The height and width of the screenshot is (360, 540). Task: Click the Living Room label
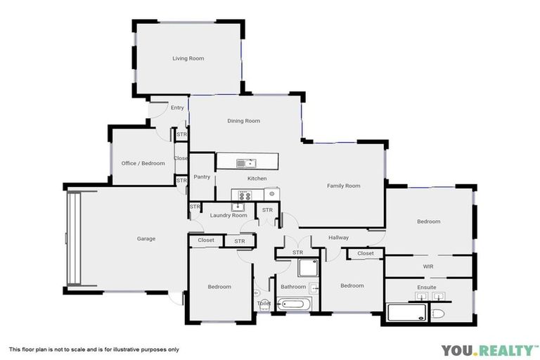(x=188, y=58)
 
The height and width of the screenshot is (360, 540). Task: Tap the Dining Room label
(x=243, y=121)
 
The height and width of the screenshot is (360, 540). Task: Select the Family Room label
(x=343, y=186)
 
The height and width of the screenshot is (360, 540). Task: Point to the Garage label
(x=146, y=239)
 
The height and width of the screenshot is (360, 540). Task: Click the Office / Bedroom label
(x=143, y=163)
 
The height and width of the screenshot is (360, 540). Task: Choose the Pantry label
(x=202, y=177)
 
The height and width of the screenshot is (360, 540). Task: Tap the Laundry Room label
(x=229, y=215)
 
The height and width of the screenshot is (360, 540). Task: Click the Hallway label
(x=338, y=238)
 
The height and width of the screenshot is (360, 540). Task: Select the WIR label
(x=428, y=266)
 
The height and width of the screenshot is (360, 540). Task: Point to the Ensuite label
(x=427, y=288)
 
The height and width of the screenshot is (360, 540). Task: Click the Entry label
(x=177, y=108)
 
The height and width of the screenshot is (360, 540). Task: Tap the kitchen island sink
(x=245, y=163)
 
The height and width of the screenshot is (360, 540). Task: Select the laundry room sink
(x=239, y=207)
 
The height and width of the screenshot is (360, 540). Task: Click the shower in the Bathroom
(x=307, y=268)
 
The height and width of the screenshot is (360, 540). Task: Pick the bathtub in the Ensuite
(x=406, y=312)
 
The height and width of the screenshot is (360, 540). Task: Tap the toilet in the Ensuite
(x=438, y=314)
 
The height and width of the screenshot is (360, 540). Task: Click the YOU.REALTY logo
(x=489, y=349)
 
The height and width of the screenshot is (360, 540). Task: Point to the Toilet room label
(x=264, y=304)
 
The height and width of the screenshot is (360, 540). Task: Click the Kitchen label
(x=257, y=179)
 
